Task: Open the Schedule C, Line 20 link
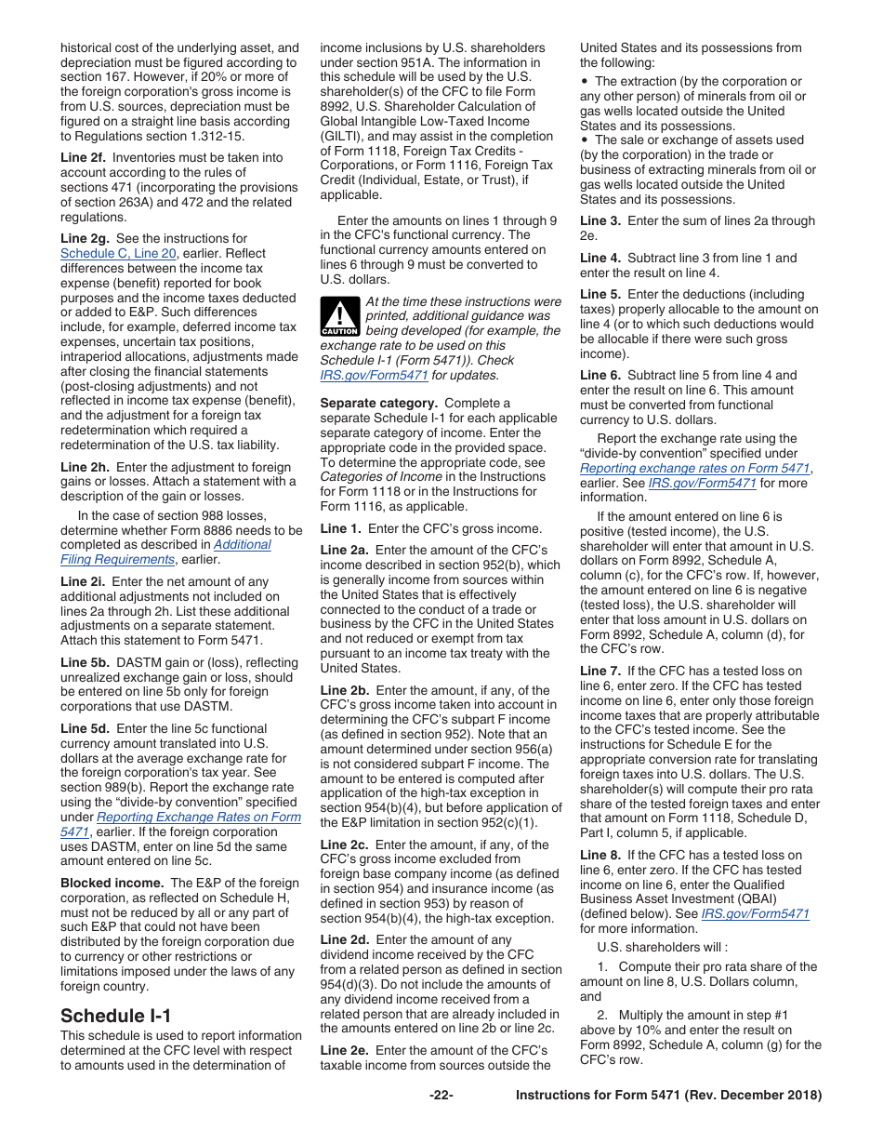click(x=117, y=253)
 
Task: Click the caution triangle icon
click(x=338, y=316)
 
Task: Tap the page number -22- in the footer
click(x=441, y=1095)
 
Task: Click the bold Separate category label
click(x=378, y=403)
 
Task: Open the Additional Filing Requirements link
click(x=165, y=552)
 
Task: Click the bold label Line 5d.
click(x=85, y=729)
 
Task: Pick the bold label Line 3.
click(x=600, y=220)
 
